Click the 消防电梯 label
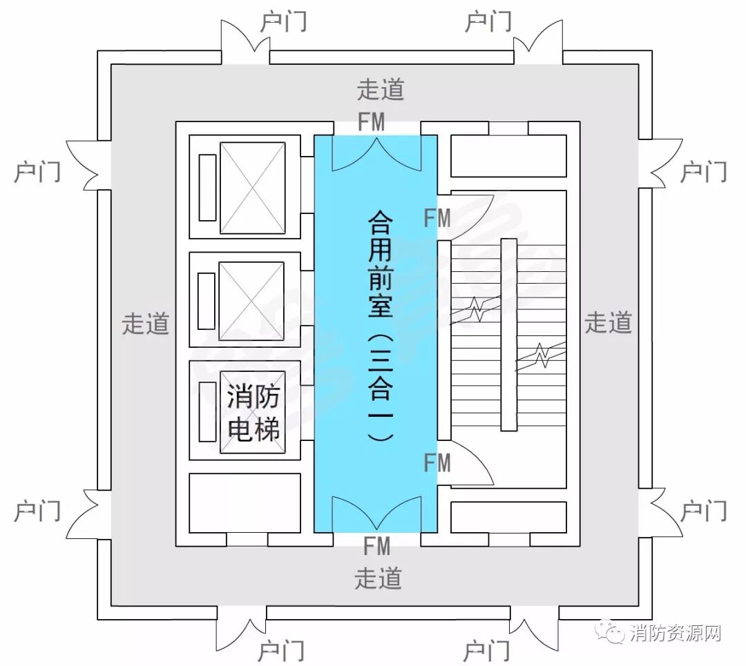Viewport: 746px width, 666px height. coord(254,413)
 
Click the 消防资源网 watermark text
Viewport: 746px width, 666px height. coord(676,633)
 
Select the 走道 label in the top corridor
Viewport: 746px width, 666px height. coord(380,89)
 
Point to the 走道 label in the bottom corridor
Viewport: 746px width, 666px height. coord(378,578)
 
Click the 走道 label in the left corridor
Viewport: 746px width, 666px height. coord(145,323)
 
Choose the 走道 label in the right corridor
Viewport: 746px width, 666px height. coord(608,322)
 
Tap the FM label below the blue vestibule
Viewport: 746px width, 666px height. coord(376,547)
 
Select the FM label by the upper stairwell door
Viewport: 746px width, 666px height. coord(437,219)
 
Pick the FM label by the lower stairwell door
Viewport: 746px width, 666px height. coord(437,462)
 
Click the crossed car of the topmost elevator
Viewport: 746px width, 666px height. coord(252,188)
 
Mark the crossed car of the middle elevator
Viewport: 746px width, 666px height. coord(251,301)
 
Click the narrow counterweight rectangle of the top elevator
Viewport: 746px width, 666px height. coord(207,188)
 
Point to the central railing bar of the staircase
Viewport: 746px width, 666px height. coord(508,335)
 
